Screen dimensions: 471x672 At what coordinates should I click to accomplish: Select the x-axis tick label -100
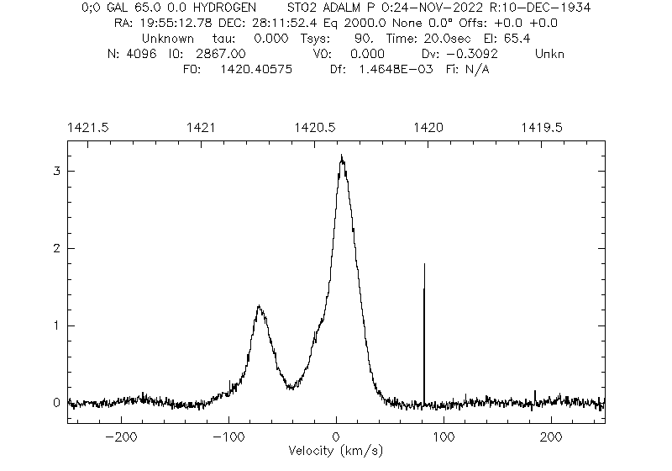coord(228,437)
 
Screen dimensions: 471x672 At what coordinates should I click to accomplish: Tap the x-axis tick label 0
coord(336,437)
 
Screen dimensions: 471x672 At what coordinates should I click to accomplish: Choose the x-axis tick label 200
coord(551,437)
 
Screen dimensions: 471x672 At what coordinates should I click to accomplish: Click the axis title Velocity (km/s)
coord(336,451)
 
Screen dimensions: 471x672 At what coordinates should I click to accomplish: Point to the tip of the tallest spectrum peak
coord(341,156)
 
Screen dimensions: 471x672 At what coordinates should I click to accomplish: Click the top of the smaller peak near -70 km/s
coord(260,307)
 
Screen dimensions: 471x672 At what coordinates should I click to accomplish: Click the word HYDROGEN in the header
coord(221,8)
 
